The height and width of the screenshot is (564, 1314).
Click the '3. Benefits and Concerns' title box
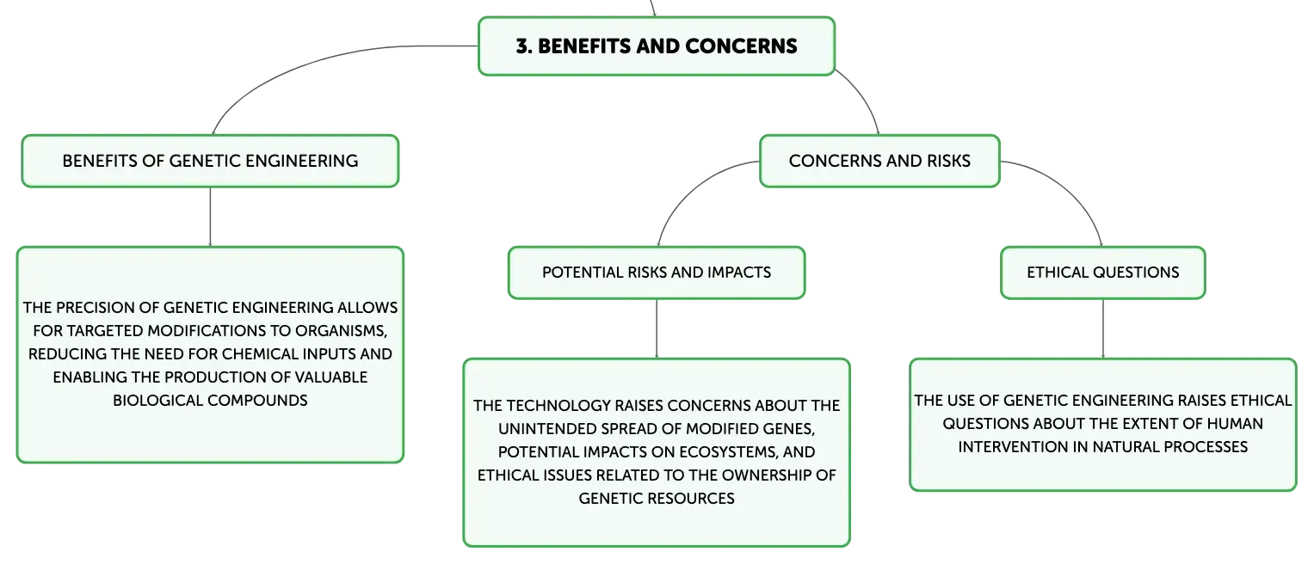(657, 46)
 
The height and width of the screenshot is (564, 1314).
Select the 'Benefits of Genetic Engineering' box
(210, 162)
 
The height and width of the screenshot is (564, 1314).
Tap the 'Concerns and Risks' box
(879, 162)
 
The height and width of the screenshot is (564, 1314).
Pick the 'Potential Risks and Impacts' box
(657, 273)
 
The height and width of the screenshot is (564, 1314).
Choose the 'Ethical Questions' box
(1103, 273)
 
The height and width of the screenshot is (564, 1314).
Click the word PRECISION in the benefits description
(108, 308)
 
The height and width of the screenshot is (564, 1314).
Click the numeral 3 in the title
(521, 46)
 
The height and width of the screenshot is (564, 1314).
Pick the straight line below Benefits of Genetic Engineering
(210, 217)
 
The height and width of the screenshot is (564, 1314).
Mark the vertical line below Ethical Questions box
(1103, 329)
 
